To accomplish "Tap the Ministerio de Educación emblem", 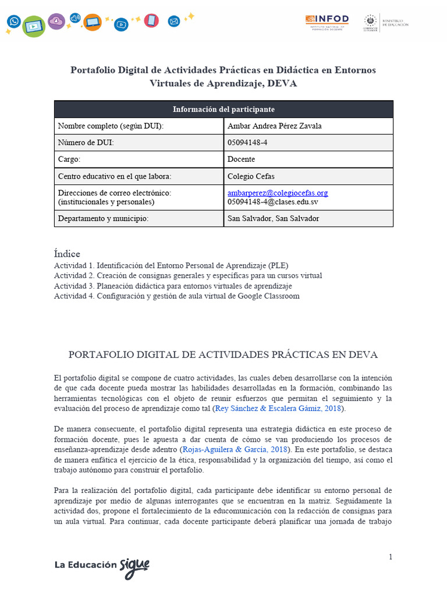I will click(370, 23).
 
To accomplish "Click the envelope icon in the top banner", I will click(173, 22).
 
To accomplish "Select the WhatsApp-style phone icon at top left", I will click(14, 22).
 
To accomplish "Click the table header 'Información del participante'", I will click(223, 109).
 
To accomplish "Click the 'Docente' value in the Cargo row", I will click(241, 159).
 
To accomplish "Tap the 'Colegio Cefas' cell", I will click(250, 176).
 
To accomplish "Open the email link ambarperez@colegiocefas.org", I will click(278, 193).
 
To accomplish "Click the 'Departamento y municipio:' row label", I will click(104, 218).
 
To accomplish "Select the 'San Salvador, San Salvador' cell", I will click(273, 218).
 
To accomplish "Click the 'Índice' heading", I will click(67, 254).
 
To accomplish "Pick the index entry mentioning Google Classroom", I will click(176, 296).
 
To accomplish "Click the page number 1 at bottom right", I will click(391, 557).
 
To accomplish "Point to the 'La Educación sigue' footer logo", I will click(102, 566).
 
